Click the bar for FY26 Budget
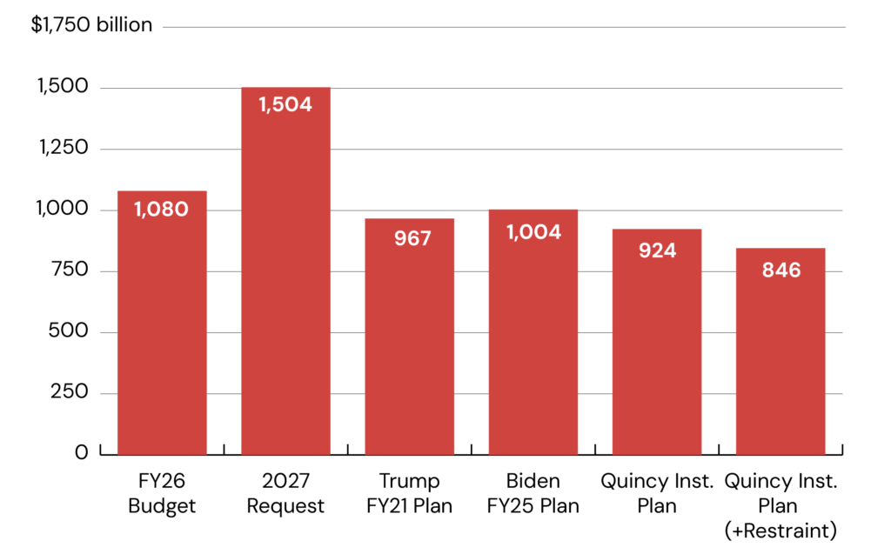click(x=162, y=330)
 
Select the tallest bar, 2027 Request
click(x=285, y=278)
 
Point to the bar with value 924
click(x=657, y=348)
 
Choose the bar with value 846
click(x=780, y=357)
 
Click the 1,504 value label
click(x=285, y=104)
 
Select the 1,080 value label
click(x=162, y=209)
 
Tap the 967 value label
click(x=409, y=237)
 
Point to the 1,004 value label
click(x=533, y=232)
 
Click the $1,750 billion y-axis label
click(x=92, y=25)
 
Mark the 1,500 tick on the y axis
click(x=63, y=87)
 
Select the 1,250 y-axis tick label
click(x=63, y=148)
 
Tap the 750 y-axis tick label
click(x=69, y=270)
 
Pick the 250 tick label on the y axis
click(x=69, y=392)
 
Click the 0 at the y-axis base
click(x=82, y=453)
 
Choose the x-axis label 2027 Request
click(x=285, y=493)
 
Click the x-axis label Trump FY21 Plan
click(x=409, y=493)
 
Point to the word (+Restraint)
click(x=780, y=530)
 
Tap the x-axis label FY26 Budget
click(x=162, y=493)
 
